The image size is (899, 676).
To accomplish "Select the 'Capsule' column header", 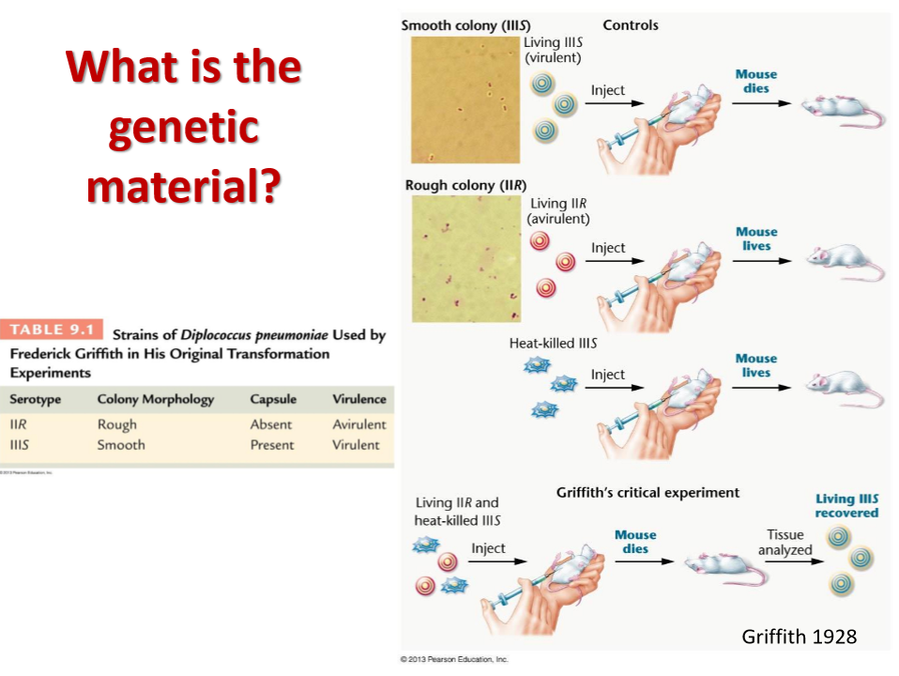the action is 273,399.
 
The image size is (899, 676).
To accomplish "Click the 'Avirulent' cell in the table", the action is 359,424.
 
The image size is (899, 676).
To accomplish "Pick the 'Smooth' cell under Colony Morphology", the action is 121,445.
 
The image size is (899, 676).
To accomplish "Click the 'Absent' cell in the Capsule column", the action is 271,424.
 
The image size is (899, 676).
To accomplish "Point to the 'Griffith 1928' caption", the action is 799,637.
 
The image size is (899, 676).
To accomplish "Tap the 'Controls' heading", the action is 631,25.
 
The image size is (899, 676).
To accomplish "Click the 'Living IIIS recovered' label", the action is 846,506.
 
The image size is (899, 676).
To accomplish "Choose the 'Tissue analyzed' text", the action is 785,543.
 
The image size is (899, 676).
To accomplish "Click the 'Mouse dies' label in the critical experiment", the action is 635,542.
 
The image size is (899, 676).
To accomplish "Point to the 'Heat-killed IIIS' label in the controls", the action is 554,343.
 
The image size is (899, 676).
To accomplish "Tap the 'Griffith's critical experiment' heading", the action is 648,492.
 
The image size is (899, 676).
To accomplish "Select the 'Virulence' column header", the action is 358,399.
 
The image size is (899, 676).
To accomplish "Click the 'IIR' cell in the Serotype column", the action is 18,424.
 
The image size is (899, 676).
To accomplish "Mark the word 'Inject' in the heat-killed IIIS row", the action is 608,375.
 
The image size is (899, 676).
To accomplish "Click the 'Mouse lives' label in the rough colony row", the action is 756,238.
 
